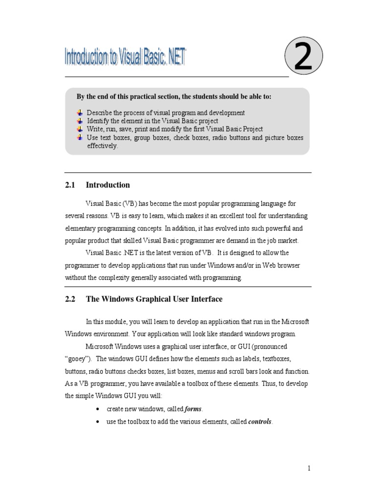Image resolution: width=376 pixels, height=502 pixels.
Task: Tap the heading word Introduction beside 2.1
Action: pos(108,185)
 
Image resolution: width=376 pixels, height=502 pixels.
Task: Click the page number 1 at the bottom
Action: pos(309,469)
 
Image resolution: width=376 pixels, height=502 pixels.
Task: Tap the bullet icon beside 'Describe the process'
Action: pos(80,113)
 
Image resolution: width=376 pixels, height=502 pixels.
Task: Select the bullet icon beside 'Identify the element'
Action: pos(80,121)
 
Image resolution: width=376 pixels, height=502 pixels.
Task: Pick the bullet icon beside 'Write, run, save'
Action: pos(80,129)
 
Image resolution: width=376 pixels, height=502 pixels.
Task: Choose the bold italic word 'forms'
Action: pos(193,409)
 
